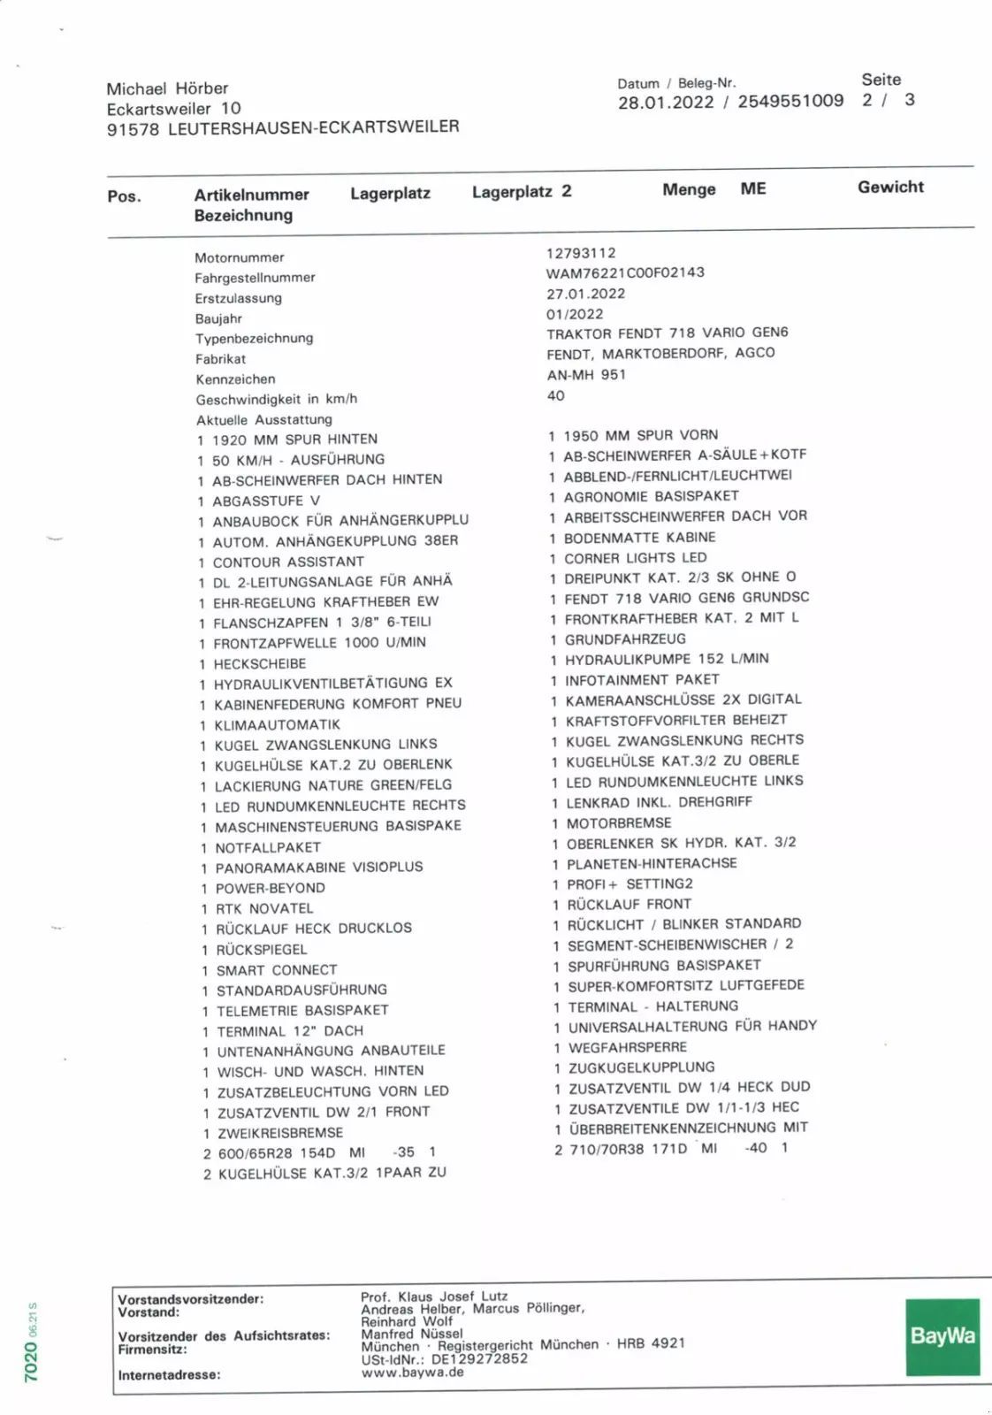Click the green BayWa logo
click(942, 1336)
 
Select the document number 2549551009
click(790, 101)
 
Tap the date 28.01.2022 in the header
click(666, 102)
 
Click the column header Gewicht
click(890, 187)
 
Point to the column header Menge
click(689, 189)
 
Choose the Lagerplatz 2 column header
click(522, 191)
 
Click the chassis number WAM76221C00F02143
click(625, 272)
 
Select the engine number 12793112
click(581, 253)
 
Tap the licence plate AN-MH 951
click(586, 374)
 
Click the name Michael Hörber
click(167, 88)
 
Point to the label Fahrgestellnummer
click(255, 278)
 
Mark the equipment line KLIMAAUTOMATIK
click(277, 724)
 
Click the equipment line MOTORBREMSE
click(619, 822)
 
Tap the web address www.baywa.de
click(412, 1373)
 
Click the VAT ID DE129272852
click(479, 1358)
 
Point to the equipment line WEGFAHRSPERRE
click(627, 1047)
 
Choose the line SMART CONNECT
click(277, 970)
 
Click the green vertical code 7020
click(31, 1361)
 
